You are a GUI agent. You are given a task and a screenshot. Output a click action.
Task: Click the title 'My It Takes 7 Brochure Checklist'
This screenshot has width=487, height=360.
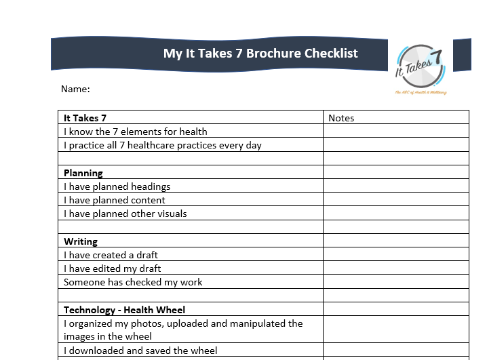click(260, 54)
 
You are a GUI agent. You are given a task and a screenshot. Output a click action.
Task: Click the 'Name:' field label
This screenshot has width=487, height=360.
click(75, 89)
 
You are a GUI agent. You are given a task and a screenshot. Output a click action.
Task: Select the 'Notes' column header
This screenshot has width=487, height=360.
click(341, 118)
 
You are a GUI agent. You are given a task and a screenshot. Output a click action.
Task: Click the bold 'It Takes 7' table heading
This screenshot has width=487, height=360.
click(85, 118)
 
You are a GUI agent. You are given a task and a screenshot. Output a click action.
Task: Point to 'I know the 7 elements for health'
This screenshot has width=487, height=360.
click(136, 132)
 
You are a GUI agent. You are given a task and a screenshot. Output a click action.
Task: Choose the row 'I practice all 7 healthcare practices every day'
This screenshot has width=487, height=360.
click(163, 145)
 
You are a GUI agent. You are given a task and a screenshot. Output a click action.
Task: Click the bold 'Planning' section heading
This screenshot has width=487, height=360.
click(83, 173)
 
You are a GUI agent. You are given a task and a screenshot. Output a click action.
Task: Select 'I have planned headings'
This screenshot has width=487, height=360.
click(117, 186)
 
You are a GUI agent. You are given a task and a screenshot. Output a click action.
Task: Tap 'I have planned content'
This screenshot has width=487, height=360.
click(115, 200)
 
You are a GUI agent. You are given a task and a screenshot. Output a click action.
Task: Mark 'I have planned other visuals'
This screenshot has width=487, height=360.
click(125, 214)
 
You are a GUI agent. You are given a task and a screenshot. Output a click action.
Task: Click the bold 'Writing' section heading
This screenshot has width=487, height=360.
click(81, 241)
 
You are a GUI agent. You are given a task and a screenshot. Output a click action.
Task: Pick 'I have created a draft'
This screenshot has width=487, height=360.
click(111, 255)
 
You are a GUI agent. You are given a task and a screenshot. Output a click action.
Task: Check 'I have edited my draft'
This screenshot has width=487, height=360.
click(113, 268)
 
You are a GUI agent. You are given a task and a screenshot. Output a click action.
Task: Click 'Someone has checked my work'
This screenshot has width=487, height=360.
click(133, 282)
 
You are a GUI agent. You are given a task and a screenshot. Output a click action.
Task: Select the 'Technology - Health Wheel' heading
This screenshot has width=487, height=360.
click(124, 310)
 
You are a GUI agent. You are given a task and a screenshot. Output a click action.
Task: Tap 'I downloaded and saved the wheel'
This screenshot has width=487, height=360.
click(140, 351)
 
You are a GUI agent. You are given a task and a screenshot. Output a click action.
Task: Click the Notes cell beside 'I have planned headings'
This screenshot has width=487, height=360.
click(395, 186)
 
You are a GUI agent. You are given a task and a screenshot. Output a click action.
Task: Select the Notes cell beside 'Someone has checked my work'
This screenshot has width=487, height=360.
click(395, 282)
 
